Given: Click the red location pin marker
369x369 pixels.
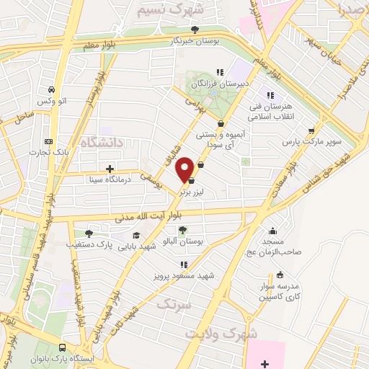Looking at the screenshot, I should (x=187, y=168).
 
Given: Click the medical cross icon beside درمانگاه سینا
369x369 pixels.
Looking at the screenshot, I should (x=110, y=169).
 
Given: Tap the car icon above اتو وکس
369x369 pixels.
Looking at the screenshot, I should (x=51, y=90).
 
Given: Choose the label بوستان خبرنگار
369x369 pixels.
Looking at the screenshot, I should (x=193, y=41).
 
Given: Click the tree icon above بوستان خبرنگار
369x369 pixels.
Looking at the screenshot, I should (x=195, y=30).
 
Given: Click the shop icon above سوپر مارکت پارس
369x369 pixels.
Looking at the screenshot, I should (x=311, y=131).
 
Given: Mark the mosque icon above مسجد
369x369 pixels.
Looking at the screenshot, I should (x=273, y=231).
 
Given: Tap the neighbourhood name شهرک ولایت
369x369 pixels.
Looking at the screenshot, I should (x=215, y=334).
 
